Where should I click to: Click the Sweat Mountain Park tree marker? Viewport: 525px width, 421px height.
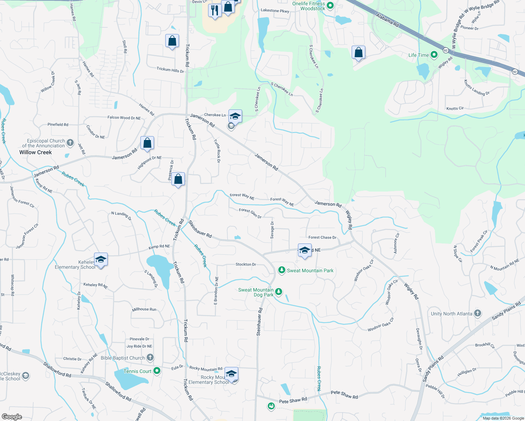[281, 270]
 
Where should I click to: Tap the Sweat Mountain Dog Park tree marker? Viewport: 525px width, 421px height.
[279, 292]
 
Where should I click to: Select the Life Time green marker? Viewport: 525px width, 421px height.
[434, 55]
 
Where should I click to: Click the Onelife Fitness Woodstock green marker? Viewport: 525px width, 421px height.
[330, 6]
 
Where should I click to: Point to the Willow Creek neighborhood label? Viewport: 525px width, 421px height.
[35, 152]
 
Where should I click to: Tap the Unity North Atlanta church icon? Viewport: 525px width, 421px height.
[478, 313]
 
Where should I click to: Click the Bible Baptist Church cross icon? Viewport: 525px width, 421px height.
[150, 357]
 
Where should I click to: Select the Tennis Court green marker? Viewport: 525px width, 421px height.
[157, 370]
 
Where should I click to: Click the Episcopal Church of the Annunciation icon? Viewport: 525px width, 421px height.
[70, 142]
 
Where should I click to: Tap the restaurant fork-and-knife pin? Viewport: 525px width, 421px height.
[214, 10]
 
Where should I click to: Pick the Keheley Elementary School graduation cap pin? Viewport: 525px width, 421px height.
[101, 260]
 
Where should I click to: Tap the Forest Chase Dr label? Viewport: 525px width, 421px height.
[322, 238]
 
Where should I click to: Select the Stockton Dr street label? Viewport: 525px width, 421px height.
[246, 264]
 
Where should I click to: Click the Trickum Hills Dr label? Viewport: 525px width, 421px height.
[170, 69]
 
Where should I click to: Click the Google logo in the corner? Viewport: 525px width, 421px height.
[12, 416]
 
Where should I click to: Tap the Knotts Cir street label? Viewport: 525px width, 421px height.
[455, 108]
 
